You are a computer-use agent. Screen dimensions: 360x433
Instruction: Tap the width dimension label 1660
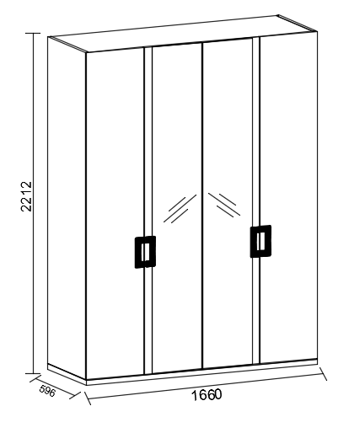pos(207,395)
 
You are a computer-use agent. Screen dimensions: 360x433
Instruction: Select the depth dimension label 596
pos(47,391)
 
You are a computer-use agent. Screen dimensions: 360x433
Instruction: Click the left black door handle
pos(145,252)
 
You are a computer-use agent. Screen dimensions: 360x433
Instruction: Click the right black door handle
pos(261,241)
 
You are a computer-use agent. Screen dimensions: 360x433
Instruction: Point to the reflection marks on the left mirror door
pos(180,208)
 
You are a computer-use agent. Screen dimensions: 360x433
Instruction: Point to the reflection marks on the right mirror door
pos(224,205)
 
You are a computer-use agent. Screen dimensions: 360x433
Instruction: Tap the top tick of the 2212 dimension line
pos(33,33)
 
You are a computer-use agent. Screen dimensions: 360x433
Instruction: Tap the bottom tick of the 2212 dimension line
pos(33,373)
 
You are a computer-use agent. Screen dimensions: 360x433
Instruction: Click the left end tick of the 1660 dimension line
pos(88,397)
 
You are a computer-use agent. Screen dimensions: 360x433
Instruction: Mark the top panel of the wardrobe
pos(183,33)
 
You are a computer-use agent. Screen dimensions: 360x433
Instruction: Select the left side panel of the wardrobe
pos(67,208)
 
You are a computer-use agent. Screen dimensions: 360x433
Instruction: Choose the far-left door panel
pos(116,213)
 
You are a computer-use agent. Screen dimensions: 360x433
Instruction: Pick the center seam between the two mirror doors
pos(202,205)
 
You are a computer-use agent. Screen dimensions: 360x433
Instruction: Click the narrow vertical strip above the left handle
pos(148,142)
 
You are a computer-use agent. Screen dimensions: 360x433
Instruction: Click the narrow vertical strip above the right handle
pos(256,131)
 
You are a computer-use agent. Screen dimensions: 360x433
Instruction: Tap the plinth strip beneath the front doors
pos(201,372)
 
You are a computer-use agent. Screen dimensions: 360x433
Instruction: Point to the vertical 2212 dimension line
pos(33,203)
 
